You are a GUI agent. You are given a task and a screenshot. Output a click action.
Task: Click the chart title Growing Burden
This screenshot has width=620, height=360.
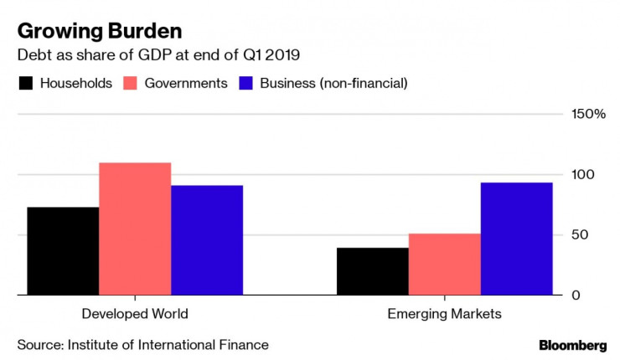tap(100, 31)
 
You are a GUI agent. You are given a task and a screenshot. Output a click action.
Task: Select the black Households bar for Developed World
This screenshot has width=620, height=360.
tap(63, 251)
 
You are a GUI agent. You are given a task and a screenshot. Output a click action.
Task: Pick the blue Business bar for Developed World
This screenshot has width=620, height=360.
tap(207, 240)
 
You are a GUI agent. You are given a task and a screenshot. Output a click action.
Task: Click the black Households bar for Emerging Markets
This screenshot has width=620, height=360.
tap(373, 271)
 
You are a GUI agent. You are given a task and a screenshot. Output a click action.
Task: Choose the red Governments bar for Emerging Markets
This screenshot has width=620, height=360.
tap(445, 265)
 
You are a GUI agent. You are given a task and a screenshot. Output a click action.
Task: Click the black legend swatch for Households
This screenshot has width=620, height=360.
tap(25, 84)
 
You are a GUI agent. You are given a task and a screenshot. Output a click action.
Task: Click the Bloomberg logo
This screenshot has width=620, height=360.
tap(572, 345)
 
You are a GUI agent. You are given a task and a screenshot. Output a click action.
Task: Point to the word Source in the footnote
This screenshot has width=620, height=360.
tap(39, 344)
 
